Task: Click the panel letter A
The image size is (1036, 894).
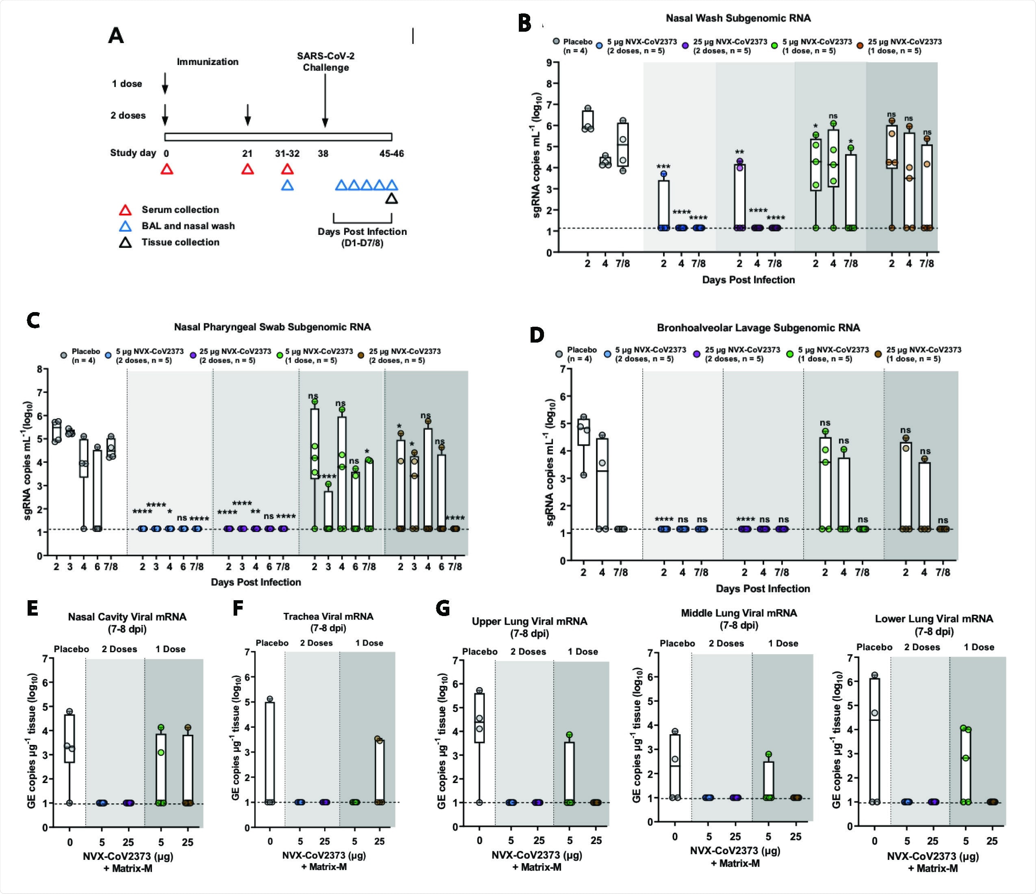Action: [116, 36]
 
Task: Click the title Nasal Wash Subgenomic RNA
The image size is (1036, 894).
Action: [738, 18]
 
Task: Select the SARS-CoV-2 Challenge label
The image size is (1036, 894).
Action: [325, 61]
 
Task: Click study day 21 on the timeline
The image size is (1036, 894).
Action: [247, 154]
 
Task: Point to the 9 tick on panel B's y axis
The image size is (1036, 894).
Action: [549, 63]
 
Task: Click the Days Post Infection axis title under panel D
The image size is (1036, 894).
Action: [763, 588]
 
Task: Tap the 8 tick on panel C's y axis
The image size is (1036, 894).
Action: [39, 369]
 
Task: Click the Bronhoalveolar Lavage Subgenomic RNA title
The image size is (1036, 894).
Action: [758, 328]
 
